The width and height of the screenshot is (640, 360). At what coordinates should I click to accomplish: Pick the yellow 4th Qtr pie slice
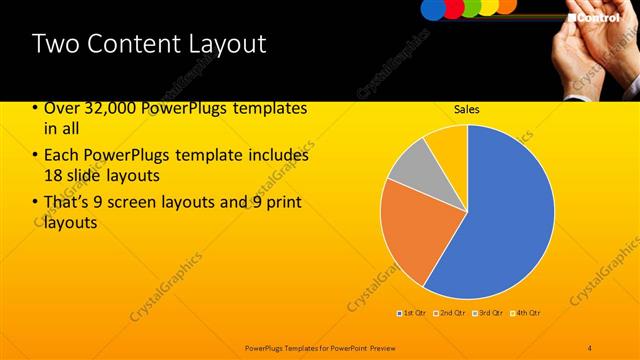449,142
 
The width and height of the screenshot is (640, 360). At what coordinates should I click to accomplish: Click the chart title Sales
467,110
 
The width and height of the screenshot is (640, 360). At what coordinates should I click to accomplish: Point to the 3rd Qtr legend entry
489,313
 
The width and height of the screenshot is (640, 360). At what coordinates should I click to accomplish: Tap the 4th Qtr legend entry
526,313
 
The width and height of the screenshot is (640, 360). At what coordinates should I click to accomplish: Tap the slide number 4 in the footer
590,346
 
